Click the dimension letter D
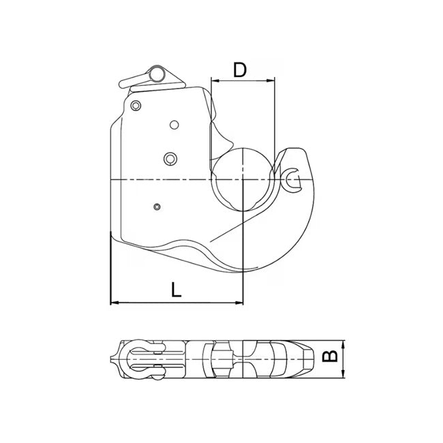[x=239, y=70]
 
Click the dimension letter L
[x=177, y=289]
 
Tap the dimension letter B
[x=329, y=356]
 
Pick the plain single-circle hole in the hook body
[x=174, y=124]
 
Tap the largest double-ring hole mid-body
[x=170, y=158]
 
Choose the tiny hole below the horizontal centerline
[x=157, y=206]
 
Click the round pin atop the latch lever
[x=157, y=73]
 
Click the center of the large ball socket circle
[x=243, y=179]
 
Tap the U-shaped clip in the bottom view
[x=140, y=358]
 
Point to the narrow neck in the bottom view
[x=235, y=358]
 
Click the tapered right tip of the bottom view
[x=311, y=358]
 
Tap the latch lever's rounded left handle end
[x=125, y=85]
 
